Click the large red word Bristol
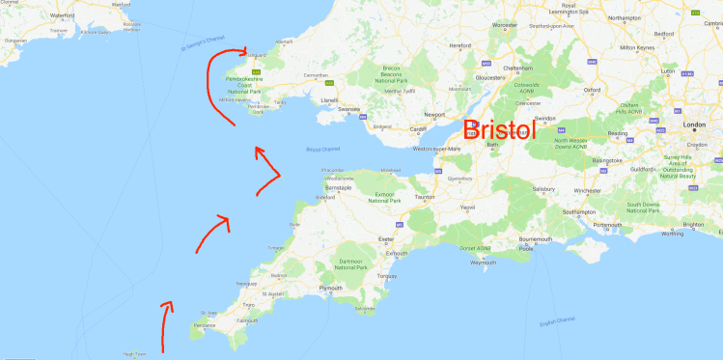pos(500,130)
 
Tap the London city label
pos(694,125)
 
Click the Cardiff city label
pos(418,129)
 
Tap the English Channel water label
pos(558,321)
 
